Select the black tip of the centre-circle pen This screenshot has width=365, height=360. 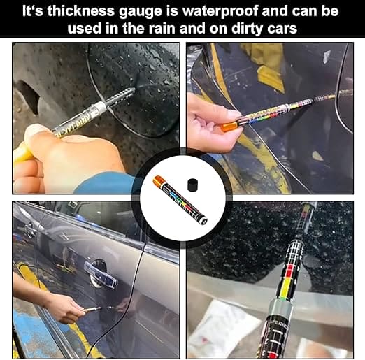tap(204, 219)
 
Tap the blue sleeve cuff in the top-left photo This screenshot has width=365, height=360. tap(105, 183)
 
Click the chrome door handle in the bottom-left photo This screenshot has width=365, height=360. tap(101, 273)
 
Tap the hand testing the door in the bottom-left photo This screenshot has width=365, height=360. tap(66, 308)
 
